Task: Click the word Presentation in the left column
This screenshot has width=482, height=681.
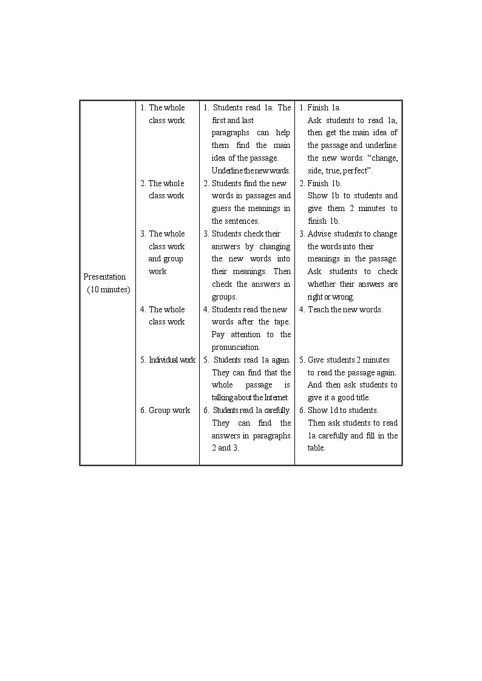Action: click(104, 277)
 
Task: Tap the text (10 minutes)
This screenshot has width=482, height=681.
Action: click(108, 290)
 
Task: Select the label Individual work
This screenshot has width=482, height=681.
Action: click(172, 360)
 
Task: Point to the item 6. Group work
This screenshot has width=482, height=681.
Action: click(165, 411)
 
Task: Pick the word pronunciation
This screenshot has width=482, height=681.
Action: click(236, 347)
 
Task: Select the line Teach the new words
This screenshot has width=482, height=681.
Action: click(345, 310)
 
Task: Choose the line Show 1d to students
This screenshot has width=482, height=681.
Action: click(342, 411)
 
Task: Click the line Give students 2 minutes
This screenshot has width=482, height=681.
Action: click(348, 360)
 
